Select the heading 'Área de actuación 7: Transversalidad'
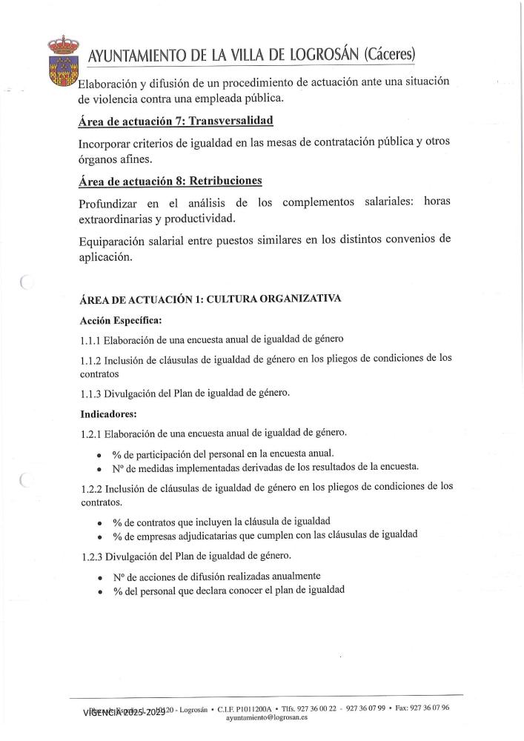pos(174,121)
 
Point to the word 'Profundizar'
pos(111,203)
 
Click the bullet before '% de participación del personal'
pos(99,453)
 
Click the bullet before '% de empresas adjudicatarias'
pos(99,535)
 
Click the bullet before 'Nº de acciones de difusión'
pos(99,576)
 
